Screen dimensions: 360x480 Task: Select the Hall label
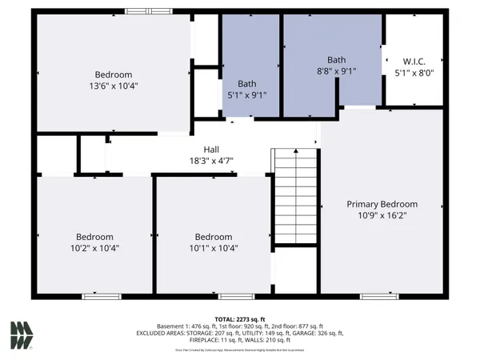(211, 149)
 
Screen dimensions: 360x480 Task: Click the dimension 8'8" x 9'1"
(336, 70)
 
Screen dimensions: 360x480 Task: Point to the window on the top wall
(148, 11)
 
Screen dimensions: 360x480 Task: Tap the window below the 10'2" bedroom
(95, 296)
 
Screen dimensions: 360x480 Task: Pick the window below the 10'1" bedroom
(232, 296)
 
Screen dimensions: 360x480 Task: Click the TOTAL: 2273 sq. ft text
(239, 318)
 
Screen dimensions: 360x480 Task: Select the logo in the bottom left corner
(22, 334)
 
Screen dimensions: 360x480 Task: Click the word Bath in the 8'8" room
(336, 60)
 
